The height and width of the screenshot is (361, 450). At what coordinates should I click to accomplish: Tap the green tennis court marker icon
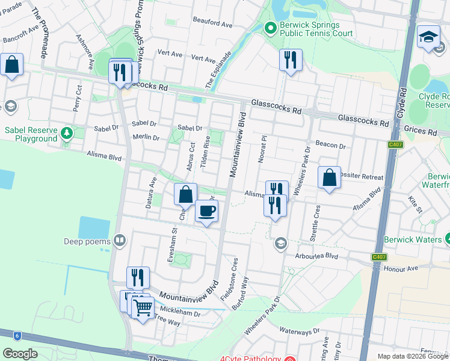(x=270, y=28)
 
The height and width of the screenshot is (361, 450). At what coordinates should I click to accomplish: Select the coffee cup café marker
(x=206, y=212)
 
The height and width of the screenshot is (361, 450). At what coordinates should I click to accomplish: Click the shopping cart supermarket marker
(x=143, y=308)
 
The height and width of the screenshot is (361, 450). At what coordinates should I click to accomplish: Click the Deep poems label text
(x=87, y=242)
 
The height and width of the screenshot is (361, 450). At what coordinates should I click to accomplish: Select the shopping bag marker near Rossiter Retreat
(x=329, y=178)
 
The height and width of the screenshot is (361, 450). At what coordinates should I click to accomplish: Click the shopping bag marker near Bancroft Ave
(x=11, y=65)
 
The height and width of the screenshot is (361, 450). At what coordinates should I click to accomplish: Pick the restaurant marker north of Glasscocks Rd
(x=291, y=60)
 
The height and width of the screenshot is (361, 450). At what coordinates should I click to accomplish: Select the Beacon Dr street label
(x=331, y=146)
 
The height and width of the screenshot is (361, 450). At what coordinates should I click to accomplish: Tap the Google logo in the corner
(x=20, y=353)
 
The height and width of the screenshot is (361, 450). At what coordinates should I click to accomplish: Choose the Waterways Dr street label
(x=300, y=331)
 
